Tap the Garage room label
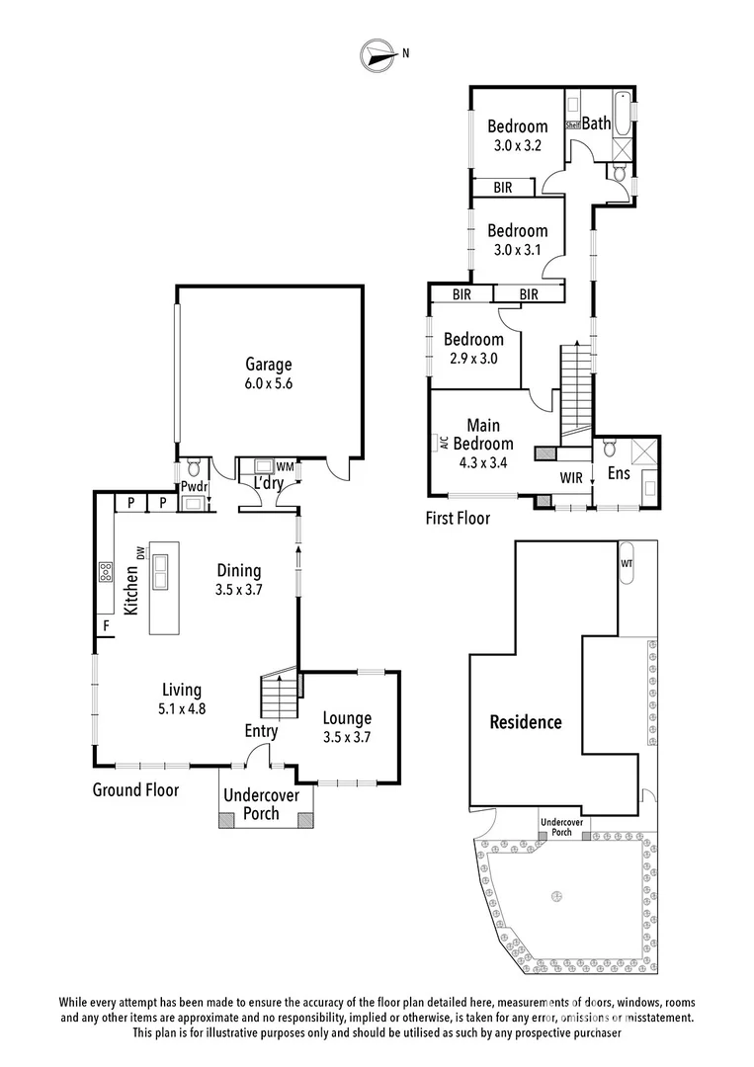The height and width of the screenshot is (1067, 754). click(269, 365)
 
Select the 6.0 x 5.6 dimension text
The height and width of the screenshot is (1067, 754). click(269, 383)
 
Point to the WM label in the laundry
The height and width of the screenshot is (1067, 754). click(285, 466)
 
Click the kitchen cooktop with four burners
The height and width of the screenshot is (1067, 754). click(105, 572)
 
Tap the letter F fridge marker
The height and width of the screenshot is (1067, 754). click(104, 626)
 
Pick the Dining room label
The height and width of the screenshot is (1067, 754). click(239, 570)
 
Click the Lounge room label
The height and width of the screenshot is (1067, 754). click(347, 718)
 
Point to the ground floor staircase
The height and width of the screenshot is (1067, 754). click(278, 698)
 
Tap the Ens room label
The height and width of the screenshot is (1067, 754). click(619, 474)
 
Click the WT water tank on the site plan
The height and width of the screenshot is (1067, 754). click(627, 562)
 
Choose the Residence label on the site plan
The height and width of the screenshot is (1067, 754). click(526, 722)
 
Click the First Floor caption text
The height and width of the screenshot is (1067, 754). click(457, 517)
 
